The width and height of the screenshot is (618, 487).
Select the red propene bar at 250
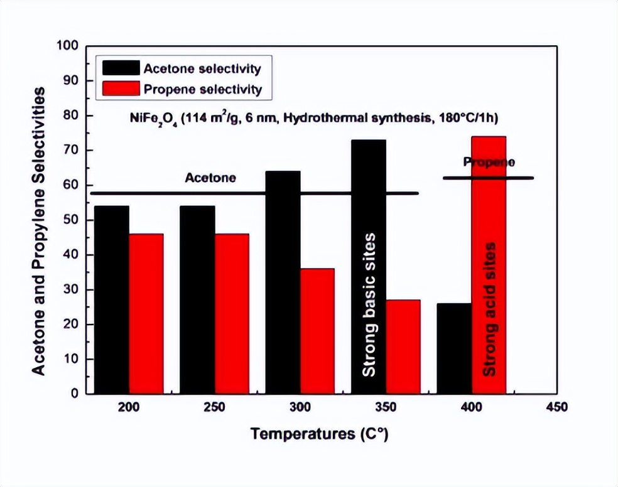pos(232,314)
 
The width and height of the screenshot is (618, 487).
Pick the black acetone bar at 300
pos(283,282)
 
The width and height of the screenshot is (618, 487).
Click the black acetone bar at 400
pos(455,349)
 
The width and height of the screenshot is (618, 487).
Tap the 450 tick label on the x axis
pos(556,407)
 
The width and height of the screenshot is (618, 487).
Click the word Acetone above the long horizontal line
pos(210,178)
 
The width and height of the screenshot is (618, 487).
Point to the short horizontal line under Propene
pos(488,178)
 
